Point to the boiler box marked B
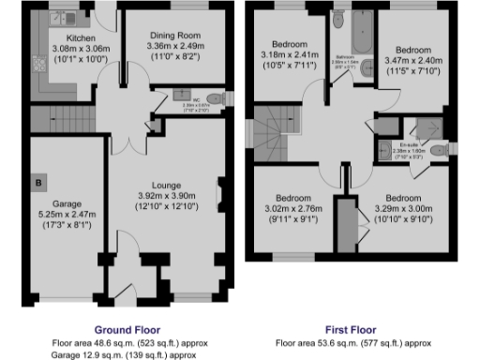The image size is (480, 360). pyautogui.click(x=39, y=181)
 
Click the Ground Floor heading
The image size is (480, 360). pyautogui.click(x=127, y=330)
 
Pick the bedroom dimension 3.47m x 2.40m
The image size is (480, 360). pyautogui.click(x=413, y=59)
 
